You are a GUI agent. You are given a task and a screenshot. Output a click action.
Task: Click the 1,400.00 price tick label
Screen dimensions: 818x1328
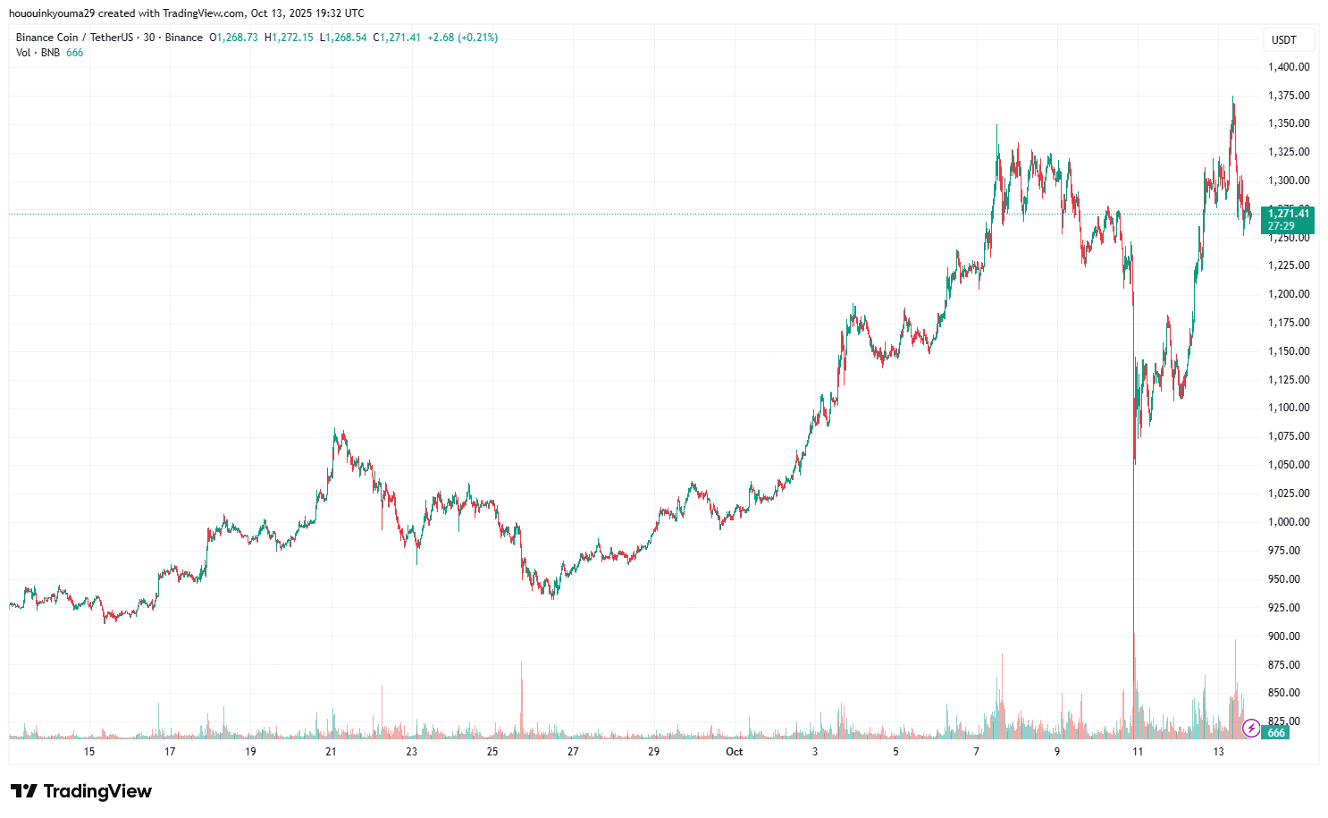point(1288,66)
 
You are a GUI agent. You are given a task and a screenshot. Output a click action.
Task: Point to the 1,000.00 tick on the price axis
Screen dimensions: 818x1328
point(1288,522)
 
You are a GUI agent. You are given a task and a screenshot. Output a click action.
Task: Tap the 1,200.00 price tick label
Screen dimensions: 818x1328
point(1288,294)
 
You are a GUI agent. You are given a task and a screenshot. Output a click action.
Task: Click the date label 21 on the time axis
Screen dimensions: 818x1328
point(331,752)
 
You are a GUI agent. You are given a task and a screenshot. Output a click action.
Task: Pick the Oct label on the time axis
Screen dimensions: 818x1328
point(734,752)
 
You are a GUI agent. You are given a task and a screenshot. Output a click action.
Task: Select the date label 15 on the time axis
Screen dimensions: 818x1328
point(89,752)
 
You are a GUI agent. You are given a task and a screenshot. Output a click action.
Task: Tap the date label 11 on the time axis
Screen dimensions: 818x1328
point(1138,752)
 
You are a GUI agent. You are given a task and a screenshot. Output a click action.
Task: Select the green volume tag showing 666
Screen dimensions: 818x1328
point(1276,733)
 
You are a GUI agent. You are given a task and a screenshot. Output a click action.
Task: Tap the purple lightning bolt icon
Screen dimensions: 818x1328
point(1251,728)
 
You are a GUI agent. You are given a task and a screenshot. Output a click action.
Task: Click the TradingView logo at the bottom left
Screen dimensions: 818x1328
point(81,791)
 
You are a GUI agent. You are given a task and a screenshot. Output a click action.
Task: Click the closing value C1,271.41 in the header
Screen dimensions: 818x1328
point(397,38)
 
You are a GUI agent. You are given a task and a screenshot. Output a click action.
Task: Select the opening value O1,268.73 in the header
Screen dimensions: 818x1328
point(233,38)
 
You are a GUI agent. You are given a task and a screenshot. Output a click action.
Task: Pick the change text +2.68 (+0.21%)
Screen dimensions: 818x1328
point(462,38)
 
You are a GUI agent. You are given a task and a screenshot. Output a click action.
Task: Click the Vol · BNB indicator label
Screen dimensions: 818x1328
point(38,53)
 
